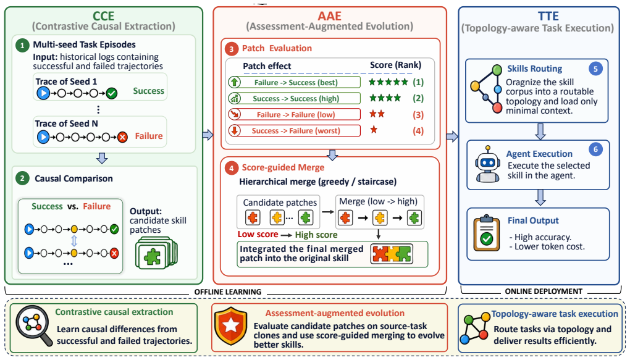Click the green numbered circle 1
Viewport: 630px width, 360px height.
[22, 46]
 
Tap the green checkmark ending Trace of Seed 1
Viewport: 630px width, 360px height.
[112, 94]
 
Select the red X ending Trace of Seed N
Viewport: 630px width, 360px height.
[122, 138]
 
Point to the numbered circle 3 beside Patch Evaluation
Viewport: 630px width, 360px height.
[231, 49]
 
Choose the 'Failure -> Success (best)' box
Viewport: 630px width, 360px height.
[294, 82]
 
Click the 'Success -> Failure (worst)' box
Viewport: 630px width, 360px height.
[294, 130]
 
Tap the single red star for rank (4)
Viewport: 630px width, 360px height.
[374, 130]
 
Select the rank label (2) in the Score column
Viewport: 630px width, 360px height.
[418, 98]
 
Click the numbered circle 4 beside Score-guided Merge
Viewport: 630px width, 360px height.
[231, 168]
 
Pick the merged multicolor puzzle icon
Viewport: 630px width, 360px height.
[392, 254]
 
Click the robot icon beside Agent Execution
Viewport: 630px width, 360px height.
[488, 164]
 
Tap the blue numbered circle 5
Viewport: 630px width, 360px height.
[595, 69]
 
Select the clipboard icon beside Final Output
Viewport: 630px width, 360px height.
[487, 233]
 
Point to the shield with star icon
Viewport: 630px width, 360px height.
[231, 326]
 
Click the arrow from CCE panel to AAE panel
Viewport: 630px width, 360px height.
[208, 135]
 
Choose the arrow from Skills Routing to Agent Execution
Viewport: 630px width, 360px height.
[540, 132]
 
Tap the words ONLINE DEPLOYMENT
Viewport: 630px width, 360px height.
[544, 291]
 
